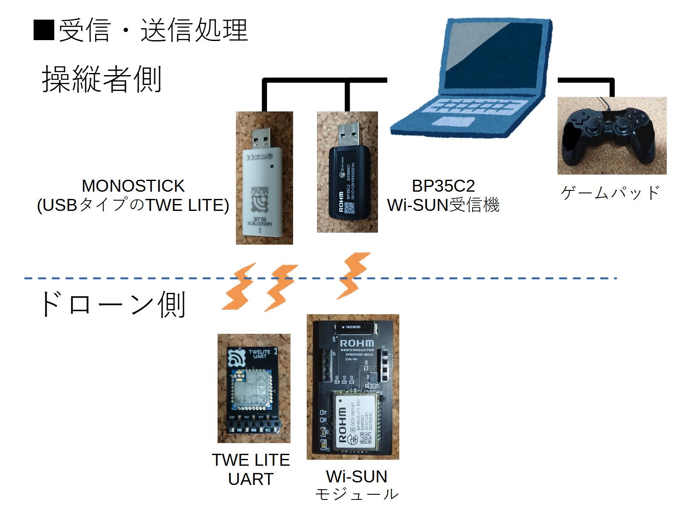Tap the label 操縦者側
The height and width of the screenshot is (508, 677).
pyautogui.click(x=102, y=79)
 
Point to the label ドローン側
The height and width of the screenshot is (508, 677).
pyautogui.click(x=112, y=304)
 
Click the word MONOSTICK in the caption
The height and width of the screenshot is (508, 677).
pyautogui.click(x=133, y=186)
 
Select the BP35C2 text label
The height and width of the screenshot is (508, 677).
pyautogui.click(x=443, y=186)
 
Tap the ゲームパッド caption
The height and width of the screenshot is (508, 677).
pyautogui.click(x=610, y=193)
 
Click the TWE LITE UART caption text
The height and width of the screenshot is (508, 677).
pyautogui.click(x=251, y=469)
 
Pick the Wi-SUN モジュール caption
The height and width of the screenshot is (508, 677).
pyautogui.click(x=357, y=485)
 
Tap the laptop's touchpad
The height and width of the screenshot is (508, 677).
pyautogui.click(x=453, y=121)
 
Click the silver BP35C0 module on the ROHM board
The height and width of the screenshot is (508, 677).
pyautogui.click(x=355, y=423)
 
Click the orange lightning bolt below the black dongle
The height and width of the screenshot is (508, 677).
pyautogui.click(x=354, y=275)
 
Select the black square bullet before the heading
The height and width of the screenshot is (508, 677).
pyautogui.click(x=44, y=30)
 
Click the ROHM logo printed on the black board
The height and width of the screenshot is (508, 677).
pyautogui.click(x=357, y=343)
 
